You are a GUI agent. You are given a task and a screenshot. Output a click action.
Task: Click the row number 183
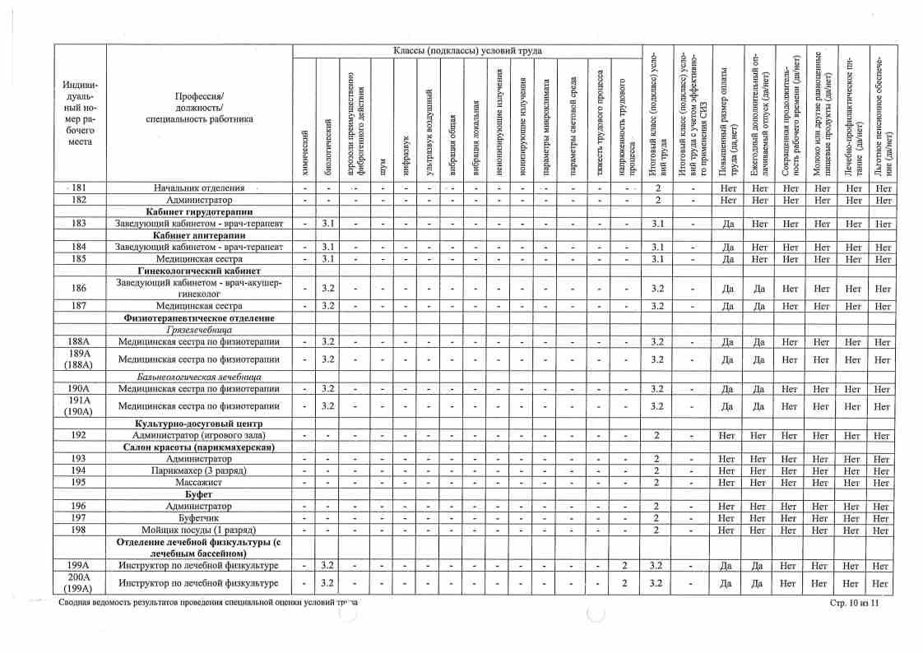79,224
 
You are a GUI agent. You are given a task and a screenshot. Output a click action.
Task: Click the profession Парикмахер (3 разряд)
199,470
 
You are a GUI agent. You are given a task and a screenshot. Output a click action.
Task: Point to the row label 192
79,435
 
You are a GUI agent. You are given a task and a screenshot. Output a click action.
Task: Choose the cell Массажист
199,482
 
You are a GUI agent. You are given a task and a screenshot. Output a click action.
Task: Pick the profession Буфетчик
199,518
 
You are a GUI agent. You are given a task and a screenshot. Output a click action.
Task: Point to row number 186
79,289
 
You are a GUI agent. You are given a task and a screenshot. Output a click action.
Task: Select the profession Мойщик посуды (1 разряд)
199,530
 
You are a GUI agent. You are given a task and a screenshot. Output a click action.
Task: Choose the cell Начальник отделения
199,188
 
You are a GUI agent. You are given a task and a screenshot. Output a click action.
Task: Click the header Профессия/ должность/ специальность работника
199,108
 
